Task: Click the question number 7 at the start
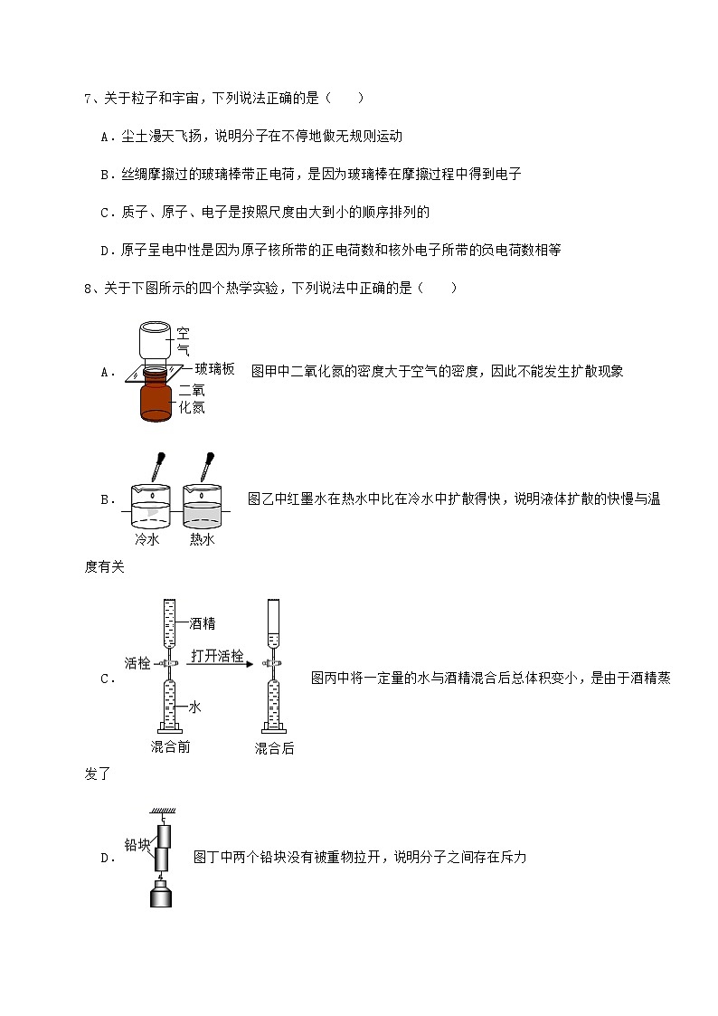click(87, 98)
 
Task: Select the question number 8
click(87, 289)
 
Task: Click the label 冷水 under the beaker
click(147, 539)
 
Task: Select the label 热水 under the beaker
click(202, 539)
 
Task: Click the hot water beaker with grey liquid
click(203, 507)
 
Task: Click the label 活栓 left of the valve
click(137, 662)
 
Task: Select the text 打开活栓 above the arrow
click(217, 656)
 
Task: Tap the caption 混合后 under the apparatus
click(274, 748)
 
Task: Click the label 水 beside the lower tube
click(194, 707)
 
